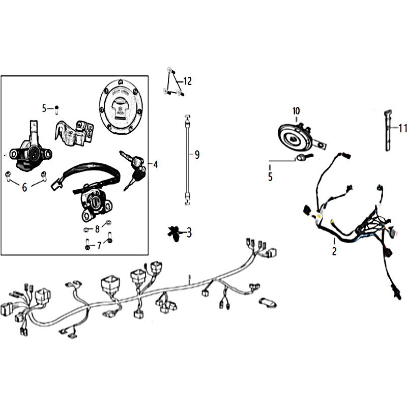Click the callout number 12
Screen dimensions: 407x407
click(187, 81)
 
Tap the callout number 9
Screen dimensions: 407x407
click(197, 155)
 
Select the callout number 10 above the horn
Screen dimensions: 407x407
click(296, 111)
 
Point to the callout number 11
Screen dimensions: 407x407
click(403, 128)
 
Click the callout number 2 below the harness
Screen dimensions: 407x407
click(334, 251)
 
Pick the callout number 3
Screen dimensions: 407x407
click(189, 232)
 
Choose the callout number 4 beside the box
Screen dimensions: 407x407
click(155, 164)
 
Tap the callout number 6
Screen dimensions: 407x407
click(24, 187)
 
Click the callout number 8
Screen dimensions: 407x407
click(97, 229)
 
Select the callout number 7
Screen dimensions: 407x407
click(99, 246)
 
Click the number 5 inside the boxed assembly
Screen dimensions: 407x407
click(44, 108)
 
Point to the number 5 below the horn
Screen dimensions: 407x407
click(270, 177)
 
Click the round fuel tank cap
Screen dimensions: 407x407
click(121, 107)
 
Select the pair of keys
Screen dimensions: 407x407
click(133, 168)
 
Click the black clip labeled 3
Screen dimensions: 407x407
click(175, 234)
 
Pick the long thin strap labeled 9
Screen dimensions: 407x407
click(187, 160)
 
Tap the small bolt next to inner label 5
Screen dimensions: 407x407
click(56, 110)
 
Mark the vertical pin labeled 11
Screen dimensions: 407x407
click(388, 131)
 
